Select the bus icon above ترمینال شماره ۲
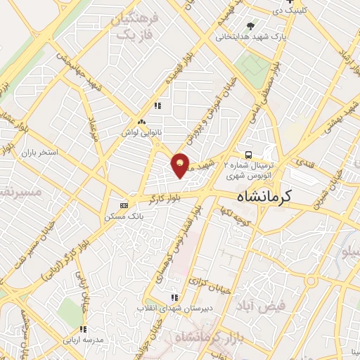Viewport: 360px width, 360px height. [x=247, y=155]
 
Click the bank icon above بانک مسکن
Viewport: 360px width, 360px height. [x=124, y=205]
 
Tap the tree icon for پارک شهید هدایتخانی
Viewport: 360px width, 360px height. [x=250, y=25]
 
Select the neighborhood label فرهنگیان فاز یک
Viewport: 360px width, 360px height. [x=134, y=27]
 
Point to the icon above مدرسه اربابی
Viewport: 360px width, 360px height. [x=83, y=328]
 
